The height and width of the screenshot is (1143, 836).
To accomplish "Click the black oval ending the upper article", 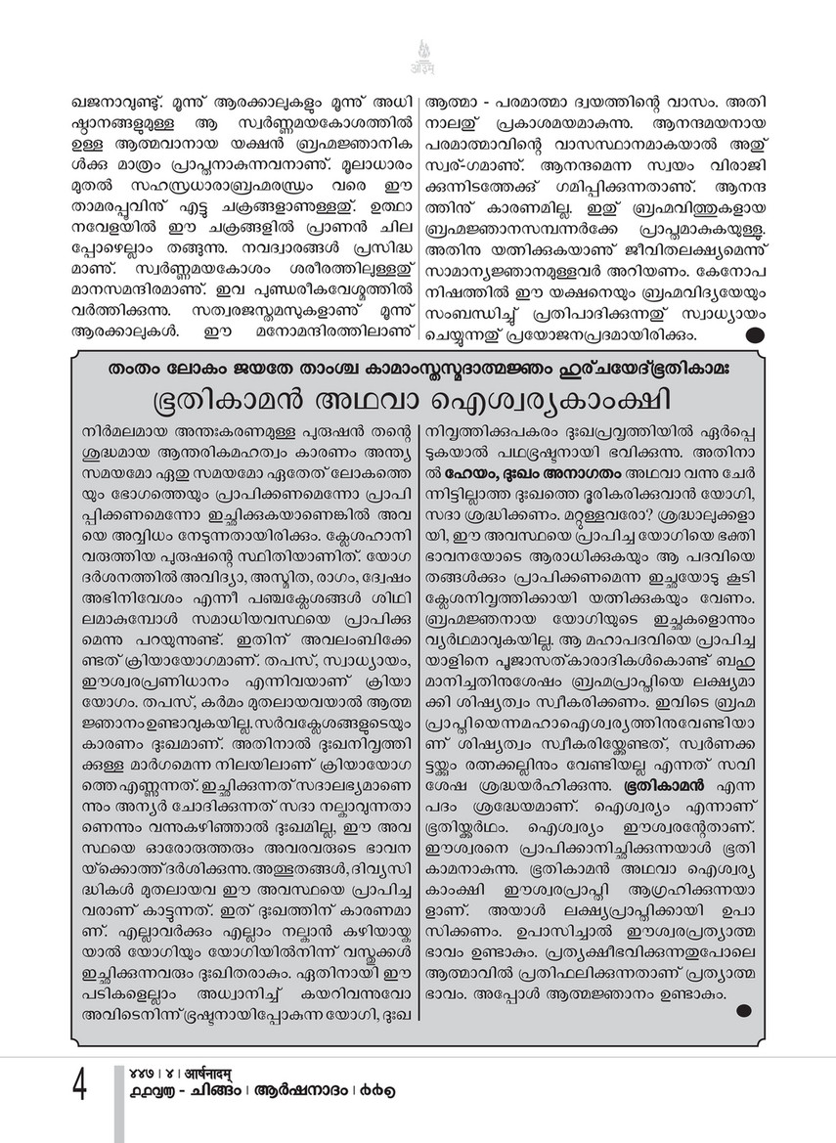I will point(756,335).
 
